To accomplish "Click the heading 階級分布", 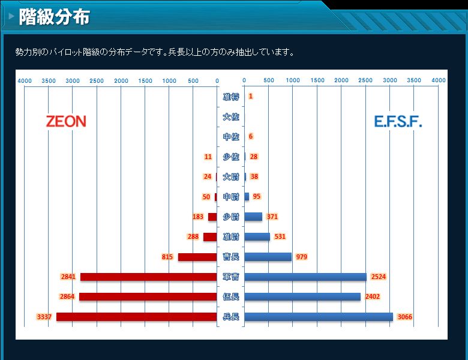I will pyautogui.click(x=54, y=17).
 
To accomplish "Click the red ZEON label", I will pyautogui.click(x=66, y=121).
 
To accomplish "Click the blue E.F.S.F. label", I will pyautogui.click(x=398, y=122).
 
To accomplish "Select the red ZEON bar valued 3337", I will pyautogui.click(x=136, y=317).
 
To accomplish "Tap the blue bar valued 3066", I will pyautogui.click(x=319, y=317).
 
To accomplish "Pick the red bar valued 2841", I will pyautogui.click(x=148, y=277).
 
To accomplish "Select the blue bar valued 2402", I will pyautogui.click(x=302, y=296).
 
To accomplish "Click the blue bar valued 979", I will pyautogui.click(x=268, y=257).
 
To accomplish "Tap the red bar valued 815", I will pyautogui.click(x=197, y=257).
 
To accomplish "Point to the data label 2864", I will pyautogui.click(x=67, y=296).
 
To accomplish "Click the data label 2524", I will pyautogui.click(x=379, y=277).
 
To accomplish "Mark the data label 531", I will pyautogui.click(x=280, y=236).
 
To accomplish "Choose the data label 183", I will pyautogui.click(x=198, y=217).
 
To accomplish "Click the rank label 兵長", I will pyautogui.click(x=230, y=317).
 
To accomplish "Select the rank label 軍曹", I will pyautogui.click(x=230, y=277).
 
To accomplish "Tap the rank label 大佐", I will pyautogui.click(x=230, y=116).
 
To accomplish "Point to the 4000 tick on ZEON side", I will pyautogui.click(x=25, y=80).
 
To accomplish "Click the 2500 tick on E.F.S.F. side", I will pyautogui.click(x=365, y=80).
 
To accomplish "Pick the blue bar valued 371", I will pyautogui.click(x=253, y=217).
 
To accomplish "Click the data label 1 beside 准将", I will pyautogui.click(x=250, y=96).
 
